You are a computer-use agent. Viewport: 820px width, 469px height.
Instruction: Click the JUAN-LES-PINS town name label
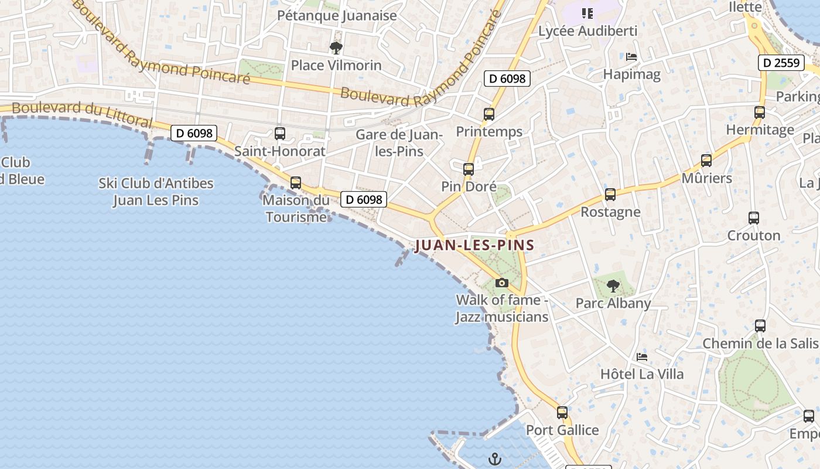coord(474,245)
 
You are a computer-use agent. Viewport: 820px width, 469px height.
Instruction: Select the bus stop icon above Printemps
coord(489,114)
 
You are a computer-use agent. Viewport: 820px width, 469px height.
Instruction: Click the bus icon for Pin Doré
coord(469,169)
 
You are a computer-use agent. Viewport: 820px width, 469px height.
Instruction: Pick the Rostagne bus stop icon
coord(610,195)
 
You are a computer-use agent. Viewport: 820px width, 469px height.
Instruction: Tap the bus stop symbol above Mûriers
coord(706,161)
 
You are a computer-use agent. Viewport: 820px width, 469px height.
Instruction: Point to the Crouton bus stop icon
coord(754,218)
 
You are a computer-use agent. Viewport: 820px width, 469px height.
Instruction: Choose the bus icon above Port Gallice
coord(562,413)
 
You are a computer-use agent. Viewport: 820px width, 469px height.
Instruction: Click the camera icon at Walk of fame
coord(501,283)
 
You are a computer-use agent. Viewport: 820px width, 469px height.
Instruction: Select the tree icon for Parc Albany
coord(613,286)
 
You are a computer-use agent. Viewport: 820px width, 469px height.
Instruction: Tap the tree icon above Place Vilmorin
coord(336,47)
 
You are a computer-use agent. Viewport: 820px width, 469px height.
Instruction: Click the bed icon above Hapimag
coord(631,57)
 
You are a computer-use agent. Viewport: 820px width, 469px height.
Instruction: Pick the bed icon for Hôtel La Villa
coord(642,356)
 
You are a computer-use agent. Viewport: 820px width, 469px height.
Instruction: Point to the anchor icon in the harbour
coord(496,458)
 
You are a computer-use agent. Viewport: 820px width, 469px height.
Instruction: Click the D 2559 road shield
coord(781,63)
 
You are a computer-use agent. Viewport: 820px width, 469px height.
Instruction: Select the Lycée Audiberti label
coord(587,30)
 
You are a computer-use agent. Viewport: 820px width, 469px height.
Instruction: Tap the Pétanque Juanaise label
coord(337,16)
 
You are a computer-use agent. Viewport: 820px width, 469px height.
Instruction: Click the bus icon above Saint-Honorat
coord(280,134)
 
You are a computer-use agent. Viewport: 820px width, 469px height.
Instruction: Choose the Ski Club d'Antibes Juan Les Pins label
coord(156,192)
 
